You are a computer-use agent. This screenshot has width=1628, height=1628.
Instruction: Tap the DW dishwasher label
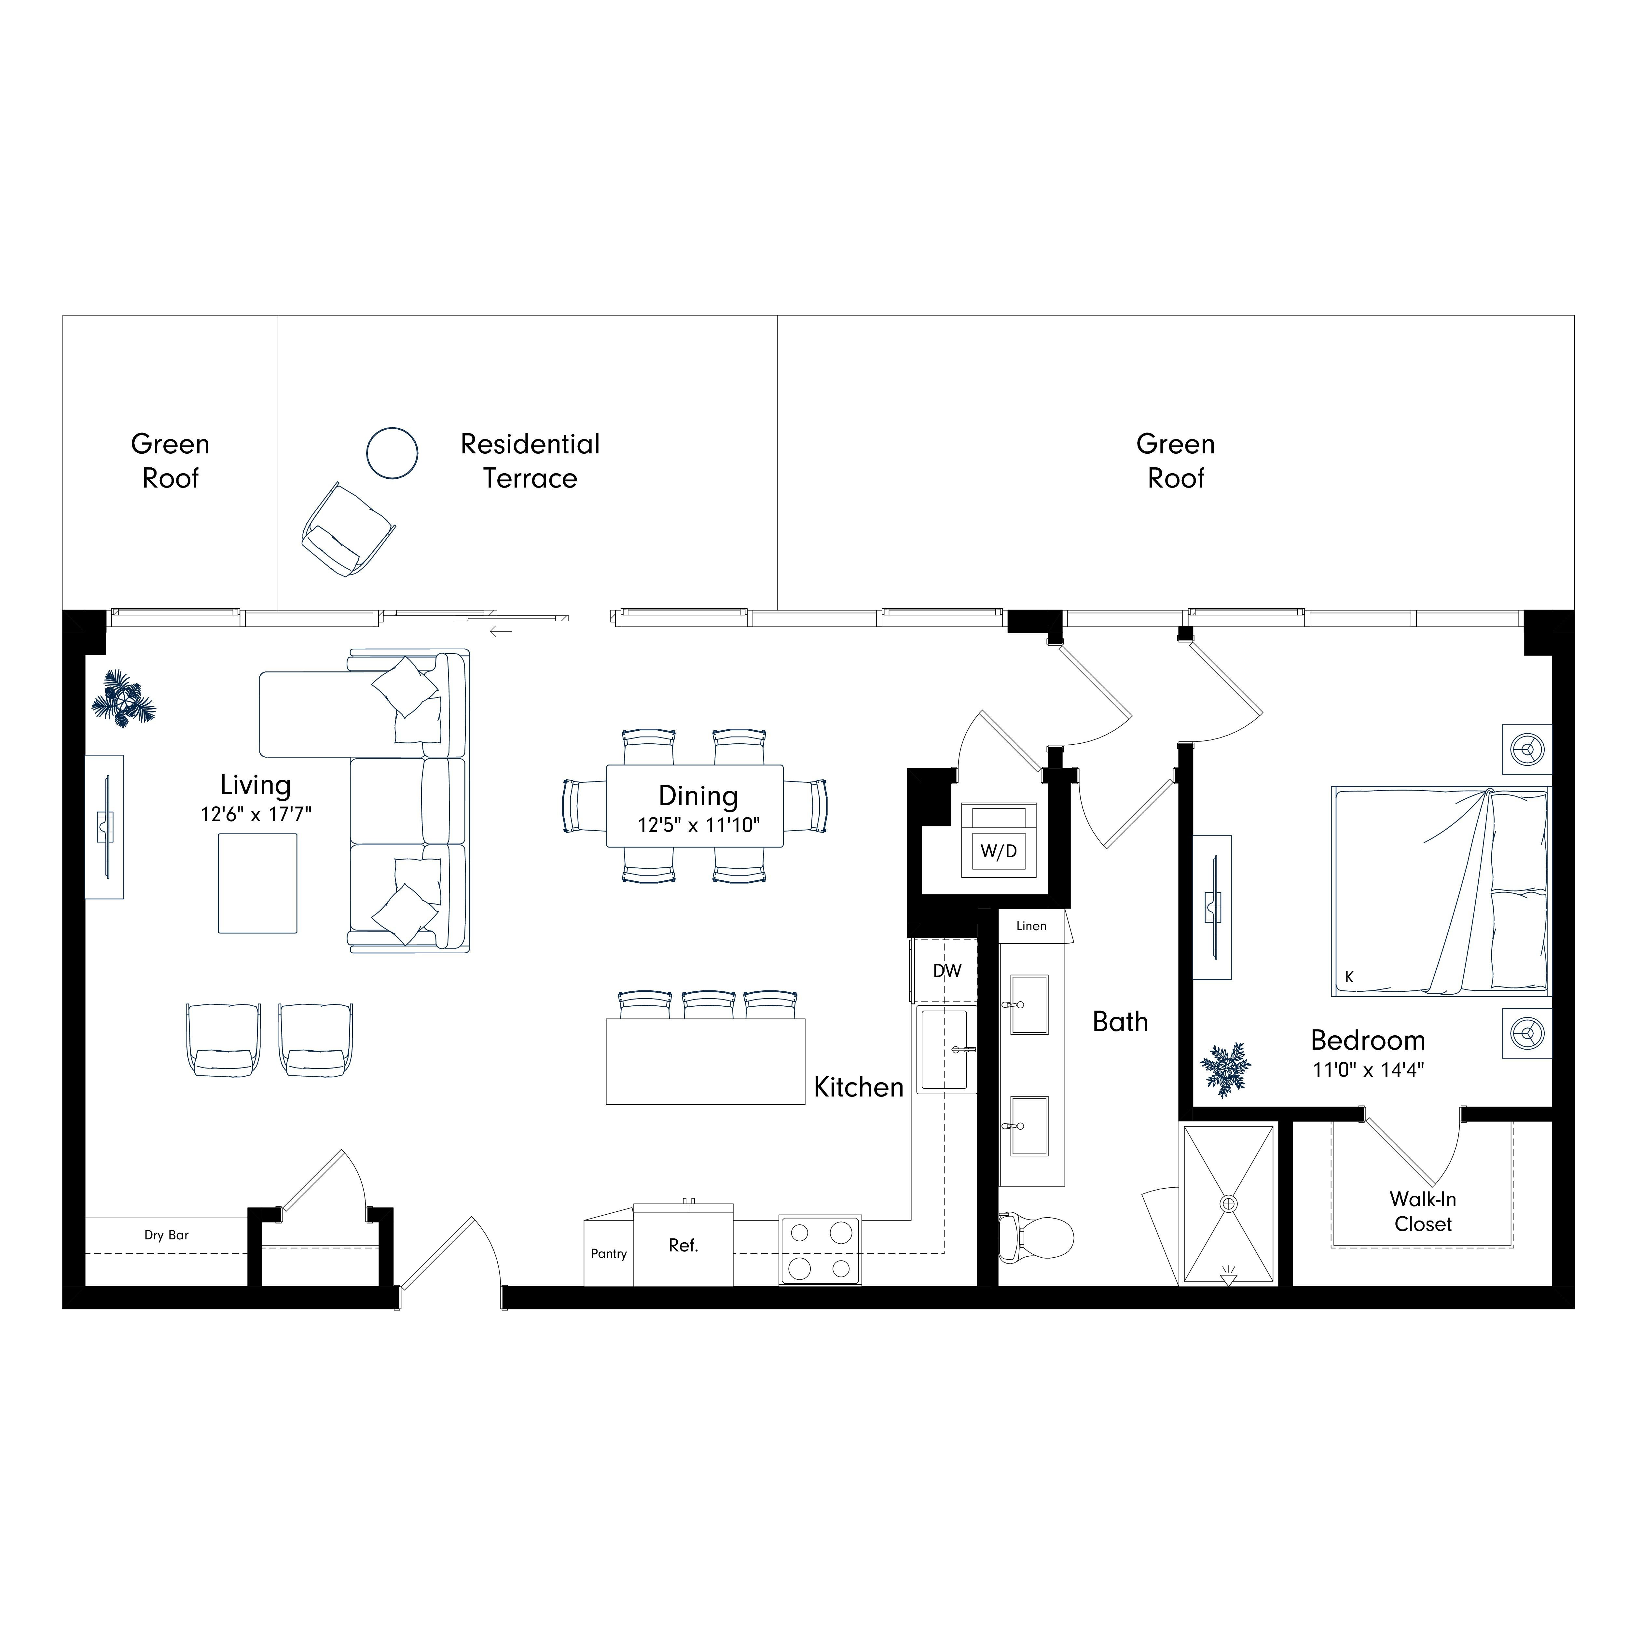tap(947, 971)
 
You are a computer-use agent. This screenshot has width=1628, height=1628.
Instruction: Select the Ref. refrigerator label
tap(683, 1246)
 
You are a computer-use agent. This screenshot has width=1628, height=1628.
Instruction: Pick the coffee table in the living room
tap(258, 883)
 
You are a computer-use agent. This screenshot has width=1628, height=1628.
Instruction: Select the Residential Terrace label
tap(530, 461)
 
